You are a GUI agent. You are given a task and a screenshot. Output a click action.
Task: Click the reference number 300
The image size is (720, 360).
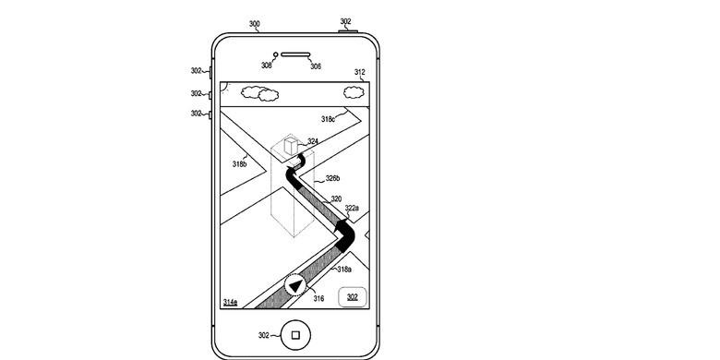point(255,24)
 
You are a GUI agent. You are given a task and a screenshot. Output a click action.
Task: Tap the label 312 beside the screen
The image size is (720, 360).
point(360,72)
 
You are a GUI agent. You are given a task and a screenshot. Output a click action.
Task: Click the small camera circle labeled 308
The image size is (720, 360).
point(275,54)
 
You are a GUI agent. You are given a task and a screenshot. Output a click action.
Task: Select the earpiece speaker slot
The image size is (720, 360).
point(295,54)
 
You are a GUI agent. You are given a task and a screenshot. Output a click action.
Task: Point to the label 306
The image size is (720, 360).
point(316,66)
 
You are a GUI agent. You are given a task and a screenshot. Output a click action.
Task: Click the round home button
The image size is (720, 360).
point(295,335)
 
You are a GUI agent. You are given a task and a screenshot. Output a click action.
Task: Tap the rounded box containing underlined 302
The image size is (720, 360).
point(353,297)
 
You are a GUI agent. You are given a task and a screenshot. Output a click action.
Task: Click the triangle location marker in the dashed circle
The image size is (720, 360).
point(295,286)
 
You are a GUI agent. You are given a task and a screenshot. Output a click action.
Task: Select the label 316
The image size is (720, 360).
point(318,299)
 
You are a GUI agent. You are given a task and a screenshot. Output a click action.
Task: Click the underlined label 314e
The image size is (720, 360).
point(231,302)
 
